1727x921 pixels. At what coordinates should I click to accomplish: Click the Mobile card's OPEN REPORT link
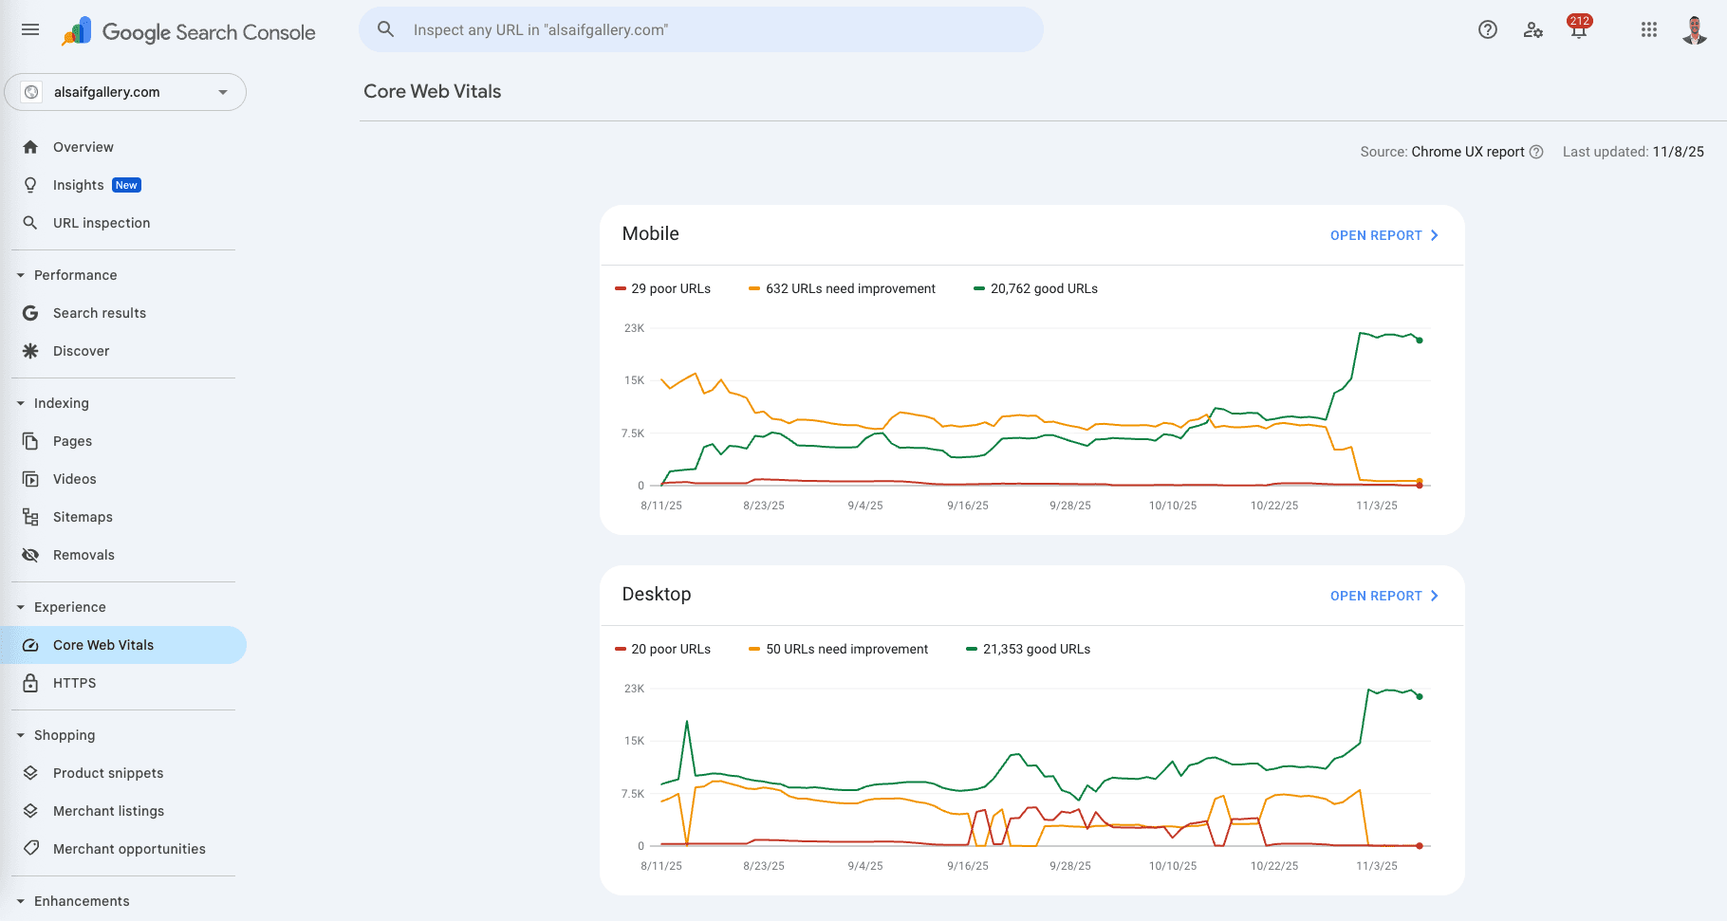1384,235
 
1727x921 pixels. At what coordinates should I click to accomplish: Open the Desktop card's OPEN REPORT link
1384,596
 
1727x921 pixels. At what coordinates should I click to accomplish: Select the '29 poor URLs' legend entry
662,288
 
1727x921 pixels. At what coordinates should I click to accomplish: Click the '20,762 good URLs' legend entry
1035,288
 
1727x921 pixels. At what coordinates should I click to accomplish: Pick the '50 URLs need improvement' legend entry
839,649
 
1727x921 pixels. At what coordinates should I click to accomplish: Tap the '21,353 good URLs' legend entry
1028,649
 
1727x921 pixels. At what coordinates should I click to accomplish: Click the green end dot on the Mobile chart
1420,341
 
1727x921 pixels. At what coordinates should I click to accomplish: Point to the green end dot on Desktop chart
1420,696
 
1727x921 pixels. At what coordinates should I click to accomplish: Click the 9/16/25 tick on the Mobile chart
968,506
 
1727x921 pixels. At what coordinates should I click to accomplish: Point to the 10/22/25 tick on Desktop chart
1274,866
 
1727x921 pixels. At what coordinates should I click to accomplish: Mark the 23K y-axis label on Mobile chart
634,328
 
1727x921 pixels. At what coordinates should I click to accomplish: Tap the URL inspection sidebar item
102,223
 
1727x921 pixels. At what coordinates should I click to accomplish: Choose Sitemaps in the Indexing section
83,517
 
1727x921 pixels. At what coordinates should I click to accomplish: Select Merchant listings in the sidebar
108,811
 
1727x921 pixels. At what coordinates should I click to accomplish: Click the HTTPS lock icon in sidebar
30,683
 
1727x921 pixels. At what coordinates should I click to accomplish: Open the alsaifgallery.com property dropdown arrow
223,92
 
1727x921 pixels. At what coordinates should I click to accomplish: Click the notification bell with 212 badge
1579,28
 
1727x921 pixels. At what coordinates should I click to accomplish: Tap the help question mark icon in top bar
1488,29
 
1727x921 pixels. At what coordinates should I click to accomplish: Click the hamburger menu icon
30,29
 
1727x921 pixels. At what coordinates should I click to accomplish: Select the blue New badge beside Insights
126,185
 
